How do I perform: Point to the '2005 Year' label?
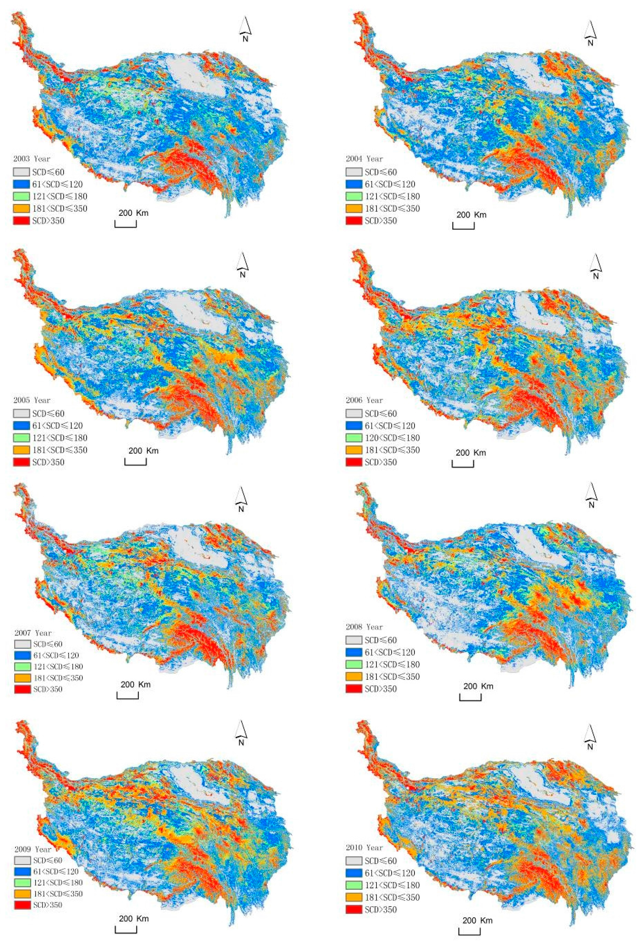[x=32, y=400]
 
